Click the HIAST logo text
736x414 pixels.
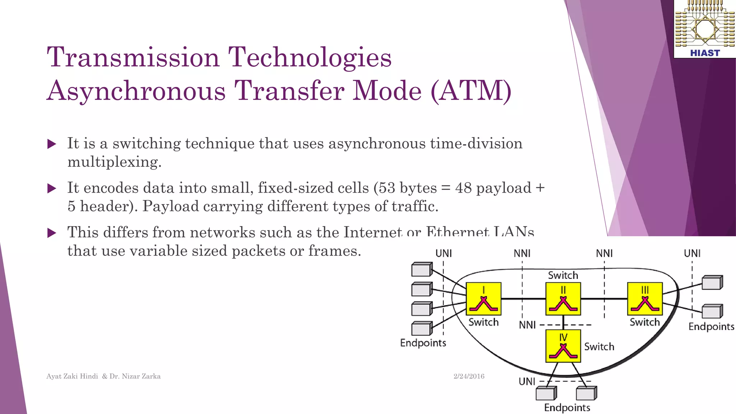[705, 53]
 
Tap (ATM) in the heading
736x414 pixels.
[471, 91]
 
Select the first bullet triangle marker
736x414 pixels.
[52, 144]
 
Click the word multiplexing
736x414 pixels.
[114, 162]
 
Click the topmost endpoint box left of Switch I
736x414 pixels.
[422, 269]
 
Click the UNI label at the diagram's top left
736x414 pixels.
[443, 253]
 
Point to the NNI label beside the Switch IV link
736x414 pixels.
[527, 325]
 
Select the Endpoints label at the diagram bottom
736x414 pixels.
[567, 408]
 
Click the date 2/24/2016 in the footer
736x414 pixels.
[469, 376]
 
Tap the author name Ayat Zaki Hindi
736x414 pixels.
[72, 376]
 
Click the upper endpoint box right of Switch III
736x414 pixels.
[712, 282]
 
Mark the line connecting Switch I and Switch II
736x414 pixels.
[523, 299]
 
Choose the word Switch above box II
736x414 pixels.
[563, 275]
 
